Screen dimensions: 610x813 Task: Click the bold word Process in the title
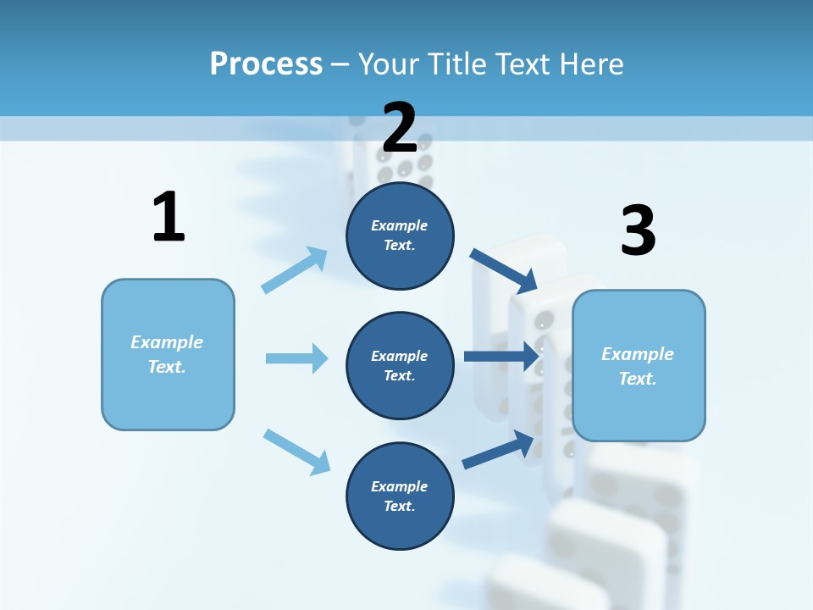[266, 64]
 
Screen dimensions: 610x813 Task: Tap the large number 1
[169, 218]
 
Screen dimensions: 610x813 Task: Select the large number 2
[400, 128]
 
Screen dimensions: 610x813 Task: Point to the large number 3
[638, 230]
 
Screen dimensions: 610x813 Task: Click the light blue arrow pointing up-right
[295, 269]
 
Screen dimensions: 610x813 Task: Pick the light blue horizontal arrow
[296, 358]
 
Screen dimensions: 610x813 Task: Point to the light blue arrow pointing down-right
[296, 452]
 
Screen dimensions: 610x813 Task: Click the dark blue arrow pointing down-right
[504, 270]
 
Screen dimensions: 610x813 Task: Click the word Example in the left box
[167, 342]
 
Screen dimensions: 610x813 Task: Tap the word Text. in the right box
[638, 379]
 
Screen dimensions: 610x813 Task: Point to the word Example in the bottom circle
[400, 486]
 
